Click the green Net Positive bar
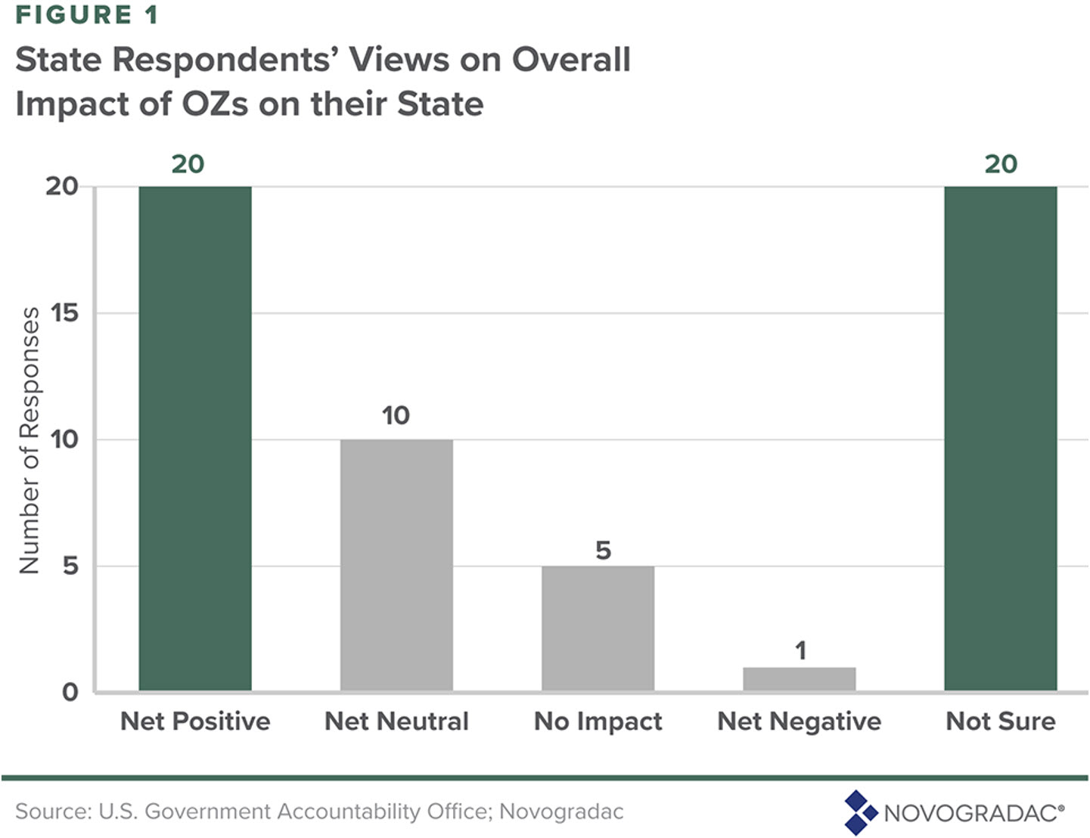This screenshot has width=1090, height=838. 195,439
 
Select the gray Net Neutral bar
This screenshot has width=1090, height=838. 396,565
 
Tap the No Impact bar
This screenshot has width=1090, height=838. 598,628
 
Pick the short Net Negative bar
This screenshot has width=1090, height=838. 799,678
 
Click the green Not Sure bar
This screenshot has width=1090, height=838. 1000,439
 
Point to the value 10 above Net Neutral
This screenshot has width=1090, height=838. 396,415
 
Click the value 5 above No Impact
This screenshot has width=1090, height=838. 603,551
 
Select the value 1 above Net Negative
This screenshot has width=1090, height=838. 800,650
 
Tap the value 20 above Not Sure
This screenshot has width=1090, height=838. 1000,164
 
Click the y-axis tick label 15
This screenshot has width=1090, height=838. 64,313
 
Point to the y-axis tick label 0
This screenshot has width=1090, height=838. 70,692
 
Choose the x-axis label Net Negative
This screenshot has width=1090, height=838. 799,722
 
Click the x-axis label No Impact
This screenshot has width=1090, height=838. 598,722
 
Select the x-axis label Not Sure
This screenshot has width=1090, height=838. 1000,722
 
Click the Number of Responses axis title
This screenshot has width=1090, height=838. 29,440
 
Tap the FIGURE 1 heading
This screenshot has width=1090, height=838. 87,15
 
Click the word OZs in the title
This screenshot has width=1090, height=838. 215,104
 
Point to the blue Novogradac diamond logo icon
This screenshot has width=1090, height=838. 859,812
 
